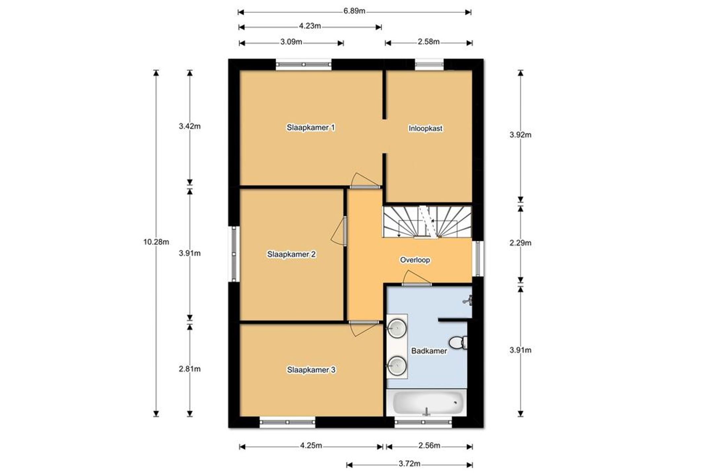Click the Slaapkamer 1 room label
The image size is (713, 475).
click(311, 127)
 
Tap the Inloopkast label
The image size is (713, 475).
click(425, 128)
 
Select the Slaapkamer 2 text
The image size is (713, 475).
click(291, 254)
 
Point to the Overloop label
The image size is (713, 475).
click(415, 260)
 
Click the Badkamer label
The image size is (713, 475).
click(429, 351)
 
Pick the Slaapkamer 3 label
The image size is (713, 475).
click(311, 370)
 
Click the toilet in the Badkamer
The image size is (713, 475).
click(458, 343)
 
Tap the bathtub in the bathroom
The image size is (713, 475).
click(427, 403)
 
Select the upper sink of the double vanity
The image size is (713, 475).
click(396, 328)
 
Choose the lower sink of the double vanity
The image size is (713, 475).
click(396, 366)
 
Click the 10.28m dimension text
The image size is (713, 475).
click(156, 242)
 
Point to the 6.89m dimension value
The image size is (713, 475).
click(354, 11)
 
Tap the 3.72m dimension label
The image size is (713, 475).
click(409, 464)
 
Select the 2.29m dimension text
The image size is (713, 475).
click(520, 243)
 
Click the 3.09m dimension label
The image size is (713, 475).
click(291, 42)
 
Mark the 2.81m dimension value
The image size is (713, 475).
click(189, 369)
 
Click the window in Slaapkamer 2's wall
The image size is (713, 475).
click(234, 254)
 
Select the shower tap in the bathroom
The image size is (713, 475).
click(468, 300)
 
